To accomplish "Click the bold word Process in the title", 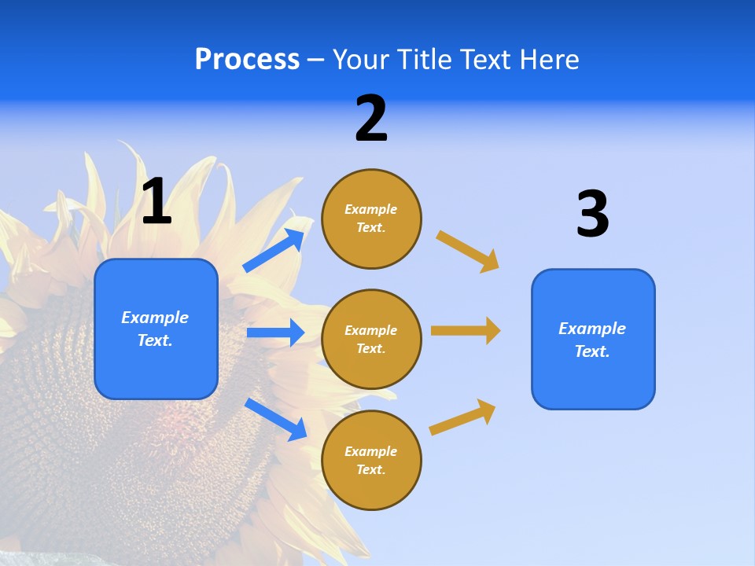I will point(247,60).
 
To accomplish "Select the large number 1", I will point(157,202).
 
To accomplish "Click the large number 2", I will point(371,119).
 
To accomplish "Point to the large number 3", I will point(592,215).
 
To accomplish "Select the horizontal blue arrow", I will point(275,333).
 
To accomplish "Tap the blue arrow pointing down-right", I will point(276,419).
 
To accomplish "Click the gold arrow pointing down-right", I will point(468,251).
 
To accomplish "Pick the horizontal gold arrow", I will point(466,331).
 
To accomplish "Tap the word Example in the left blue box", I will point(155,318).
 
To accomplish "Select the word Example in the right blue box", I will point(592,329).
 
